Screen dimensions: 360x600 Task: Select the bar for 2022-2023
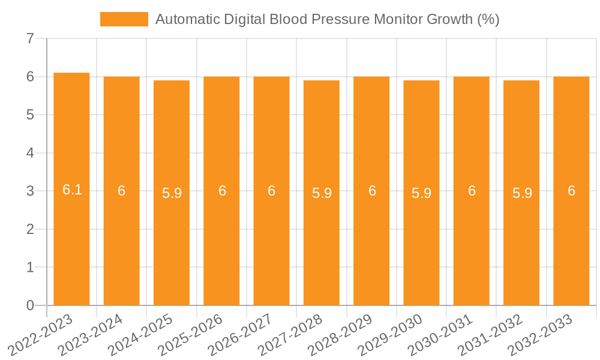[x=71, y=189]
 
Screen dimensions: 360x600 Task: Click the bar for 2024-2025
[x=172, y=193]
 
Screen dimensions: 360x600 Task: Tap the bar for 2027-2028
[x=322, y=193]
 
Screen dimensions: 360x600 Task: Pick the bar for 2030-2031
[x=472, y=191]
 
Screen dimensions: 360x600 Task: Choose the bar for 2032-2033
[x=571, y=191]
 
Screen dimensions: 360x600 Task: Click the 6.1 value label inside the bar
[x=72, y=190]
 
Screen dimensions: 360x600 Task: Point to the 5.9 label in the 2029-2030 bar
[x=421, y=193]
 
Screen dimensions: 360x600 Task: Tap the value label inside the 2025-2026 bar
[x=222, y=191]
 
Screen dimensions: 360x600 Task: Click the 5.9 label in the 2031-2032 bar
[x=522, y=193]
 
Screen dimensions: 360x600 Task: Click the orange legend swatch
[x=124, y=19]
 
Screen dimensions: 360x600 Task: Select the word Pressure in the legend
[x=341, y=19]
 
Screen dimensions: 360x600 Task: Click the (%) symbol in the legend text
[x=488, y=19]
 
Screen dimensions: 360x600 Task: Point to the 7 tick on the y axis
[x=30, y=39]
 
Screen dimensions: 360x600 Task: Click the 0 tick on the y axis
[x=30, y=305]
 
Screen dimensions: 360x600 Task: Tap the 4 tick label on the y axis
[x=30, y=153]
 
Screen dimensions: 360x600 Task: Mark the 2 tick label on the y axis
[x=30, y=229]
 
